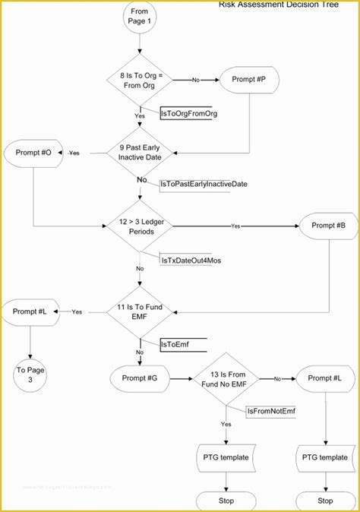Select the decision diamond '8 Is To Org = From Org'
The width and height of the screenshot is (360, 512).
[139, 80]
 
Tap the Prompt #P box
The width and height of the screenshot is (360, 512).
[249, 79]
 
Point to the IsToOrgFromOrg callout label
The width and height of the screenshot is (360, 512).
[189, 113]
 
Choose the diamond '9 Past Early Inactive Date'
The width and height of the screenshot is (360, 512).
[139, 152]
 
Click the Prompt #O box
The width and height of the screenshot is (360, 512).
[33, 152]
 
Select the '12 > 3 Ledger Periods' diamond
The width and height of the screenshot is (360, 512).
[139, 226]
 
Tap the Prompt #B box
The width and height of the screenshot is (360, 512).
[327, 226]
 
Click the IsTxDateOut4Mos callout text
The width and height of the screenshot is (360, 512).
[191, 260]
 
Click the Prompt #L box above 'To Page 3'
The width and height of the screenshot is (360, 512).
[31, 311]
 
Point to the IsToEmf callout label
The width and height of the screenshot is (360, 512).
[175, 344]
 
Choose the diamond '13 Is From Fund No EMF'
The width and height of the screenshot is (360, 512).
[226, 377]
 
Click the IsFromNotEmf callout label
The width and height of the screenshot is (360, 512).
[271, 410]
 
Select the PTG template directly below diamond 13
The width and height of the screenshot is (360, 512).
[226, 457]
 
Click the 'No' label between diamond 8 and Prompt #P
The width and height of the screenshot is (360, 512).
[195, 79]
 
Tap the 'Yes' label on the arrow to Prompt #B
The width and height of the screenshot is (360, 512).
[235, 226]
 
